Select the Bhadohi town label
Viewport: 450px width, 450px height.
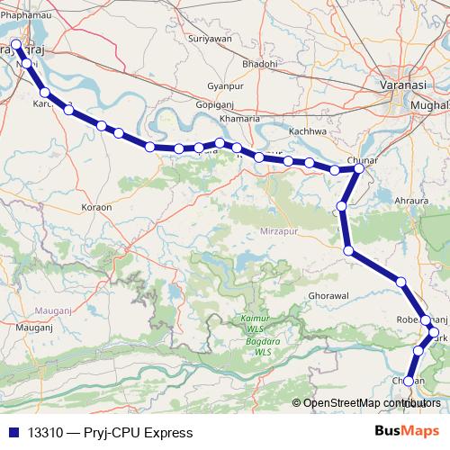[x=260, y=64]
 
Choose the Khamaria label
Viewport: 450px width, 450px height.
[x=241, y=118]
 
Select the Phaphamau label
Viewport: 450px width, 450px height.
[x=25, y=13]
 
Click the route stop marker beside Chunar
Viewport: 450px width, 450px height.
[x=358, y=168]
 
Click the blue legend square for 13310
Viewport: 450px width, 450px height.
[x=13, y=433]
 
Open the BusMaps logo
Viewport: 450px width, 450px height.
[x=407, y=432]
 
